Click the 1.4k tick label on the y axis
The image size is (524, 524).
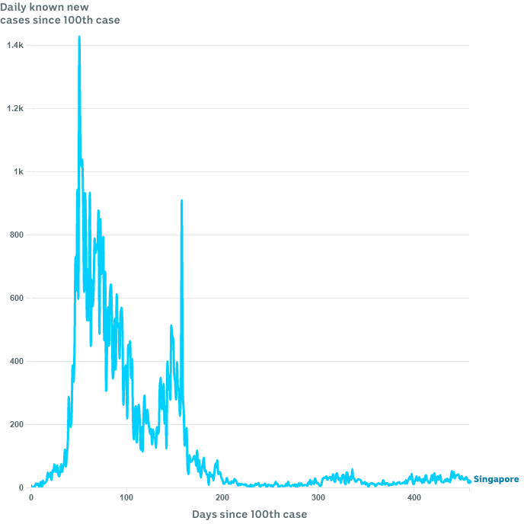click(15, 45)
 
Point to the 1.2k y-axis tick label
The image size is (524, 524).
click(15, 108)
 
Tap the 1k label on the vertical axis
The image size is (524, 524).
click(18, 171)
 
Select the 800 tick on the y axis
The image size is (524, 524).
click(17, 235)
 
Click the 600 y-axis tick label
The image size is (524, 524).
click(17, 298)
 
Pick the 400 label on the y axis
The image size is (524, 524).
click(17, 361)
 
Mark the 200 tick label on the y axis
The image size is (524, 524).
click(17, 424)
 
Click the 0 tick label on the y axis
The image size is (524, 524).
click(21, 487)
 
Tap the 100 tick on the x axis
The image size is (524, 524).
click(126, 497)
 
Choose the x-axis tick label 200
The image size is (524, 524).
click(222, 497)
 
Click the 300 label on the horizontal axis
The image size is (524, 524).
click(318, 497)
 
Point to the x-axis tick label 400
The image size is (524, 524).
click(414, 497)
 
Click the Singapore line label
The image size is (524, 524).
click(497, 479)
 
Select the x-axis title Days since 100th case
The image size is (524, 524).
click(250, 514)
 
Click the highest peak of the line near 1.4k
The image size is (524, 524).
click(79, 37)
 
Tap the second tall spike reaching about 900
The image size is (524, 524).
click(181, 201)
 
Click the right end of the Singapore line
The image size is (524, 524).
click(469, 481)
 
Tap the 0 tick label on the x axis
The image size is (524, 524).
click(31, 497)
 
